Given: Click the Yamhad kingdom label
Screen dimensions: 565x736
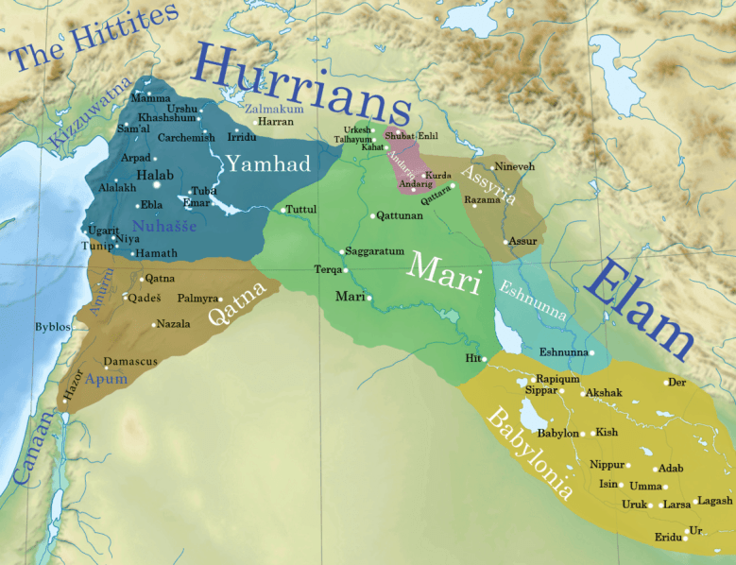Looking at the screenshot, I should [x=268, y=164].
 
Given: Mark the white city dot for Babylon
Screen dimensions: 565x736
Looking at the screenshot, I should [x=583, y=434].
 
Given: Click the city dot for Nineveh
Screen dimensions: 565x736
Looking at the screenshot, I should [x=492, y=167].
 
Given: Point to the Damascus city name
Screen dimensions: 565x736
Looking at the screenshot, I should [x=130, y=362].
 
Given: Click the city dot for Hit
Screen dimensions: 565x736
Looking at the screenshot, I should [x=483, y=359].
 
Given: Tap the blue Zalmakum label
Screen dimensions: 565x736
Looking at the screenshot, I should [x=274, y=110].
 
